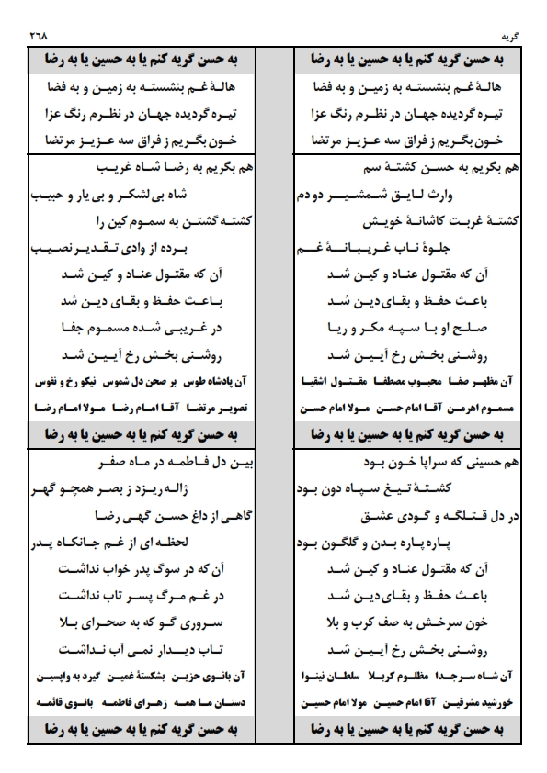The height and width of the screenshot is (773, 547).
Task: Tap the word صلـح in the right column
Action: click(484, 327)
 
